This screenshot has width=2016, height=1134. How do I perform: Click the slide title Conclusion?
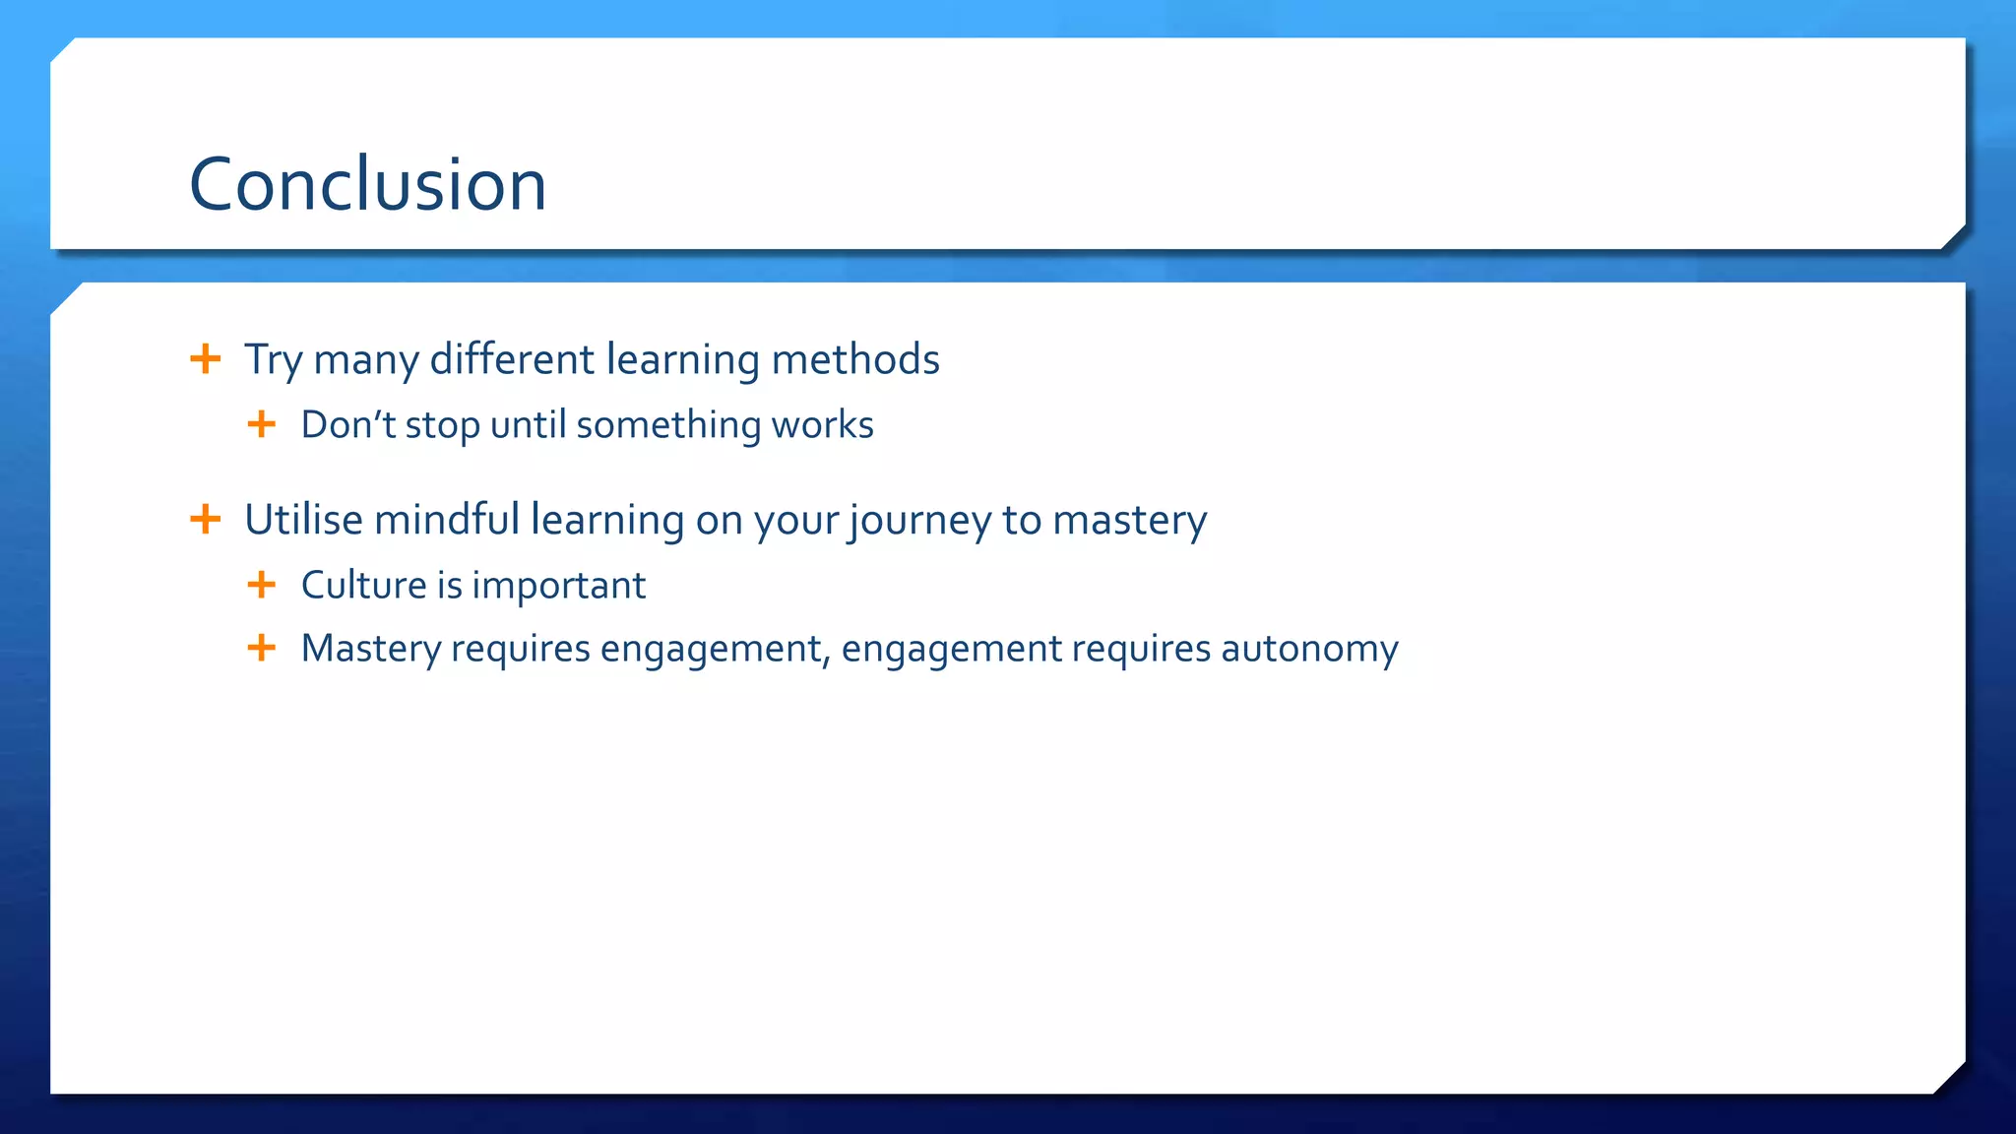(367, 185)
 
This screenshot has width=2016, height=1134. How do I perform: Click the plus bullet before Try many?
(205, 358)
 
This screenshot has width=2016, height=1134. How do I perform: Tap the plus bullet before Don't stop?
(261, 424)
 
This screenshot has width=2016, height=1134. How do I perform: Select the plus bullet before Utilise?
(205, 519)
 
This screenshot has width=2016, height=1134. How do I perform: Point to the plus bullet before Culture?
(261, 585)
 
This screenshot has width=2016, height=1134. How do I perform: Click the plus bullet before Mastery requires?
(261, 648)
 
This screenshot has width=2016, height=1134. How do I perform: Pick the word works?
(822, 425)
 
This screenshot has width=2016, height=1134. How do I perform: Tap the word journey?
(919, 521)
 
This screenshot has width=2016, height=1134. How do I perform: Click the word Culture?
(363, 585)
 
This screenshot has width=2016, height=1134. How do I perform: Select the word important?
(558, 586)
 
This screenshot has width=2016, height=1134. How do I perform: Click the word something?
(667, 425)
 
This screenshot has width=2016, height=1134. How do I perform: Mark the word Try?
(273, 360)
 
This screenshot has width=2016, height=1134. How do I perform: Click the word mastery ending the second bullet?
(1129, 521)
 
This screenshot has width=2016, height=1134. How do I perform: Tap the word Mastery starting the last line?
(371, 649)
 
